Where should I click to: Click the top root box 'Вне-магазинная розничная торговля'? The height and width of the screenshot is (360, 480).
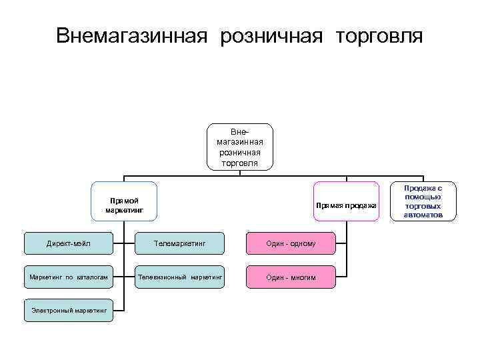[240, 147]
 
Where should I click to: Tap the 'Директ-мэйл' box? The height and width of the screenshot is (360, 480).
[69, 243]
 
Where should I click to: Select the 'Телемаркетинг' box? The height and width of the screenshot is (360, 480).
[180, 243]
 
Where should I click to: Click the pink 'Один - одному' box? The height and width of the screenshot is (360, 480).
[291, 243]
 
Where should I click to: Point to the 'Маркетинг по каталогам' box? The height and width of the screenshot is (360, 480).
[69, 277]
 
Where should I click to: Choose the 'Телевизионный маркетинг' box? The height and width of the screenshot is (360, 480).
[180, 277]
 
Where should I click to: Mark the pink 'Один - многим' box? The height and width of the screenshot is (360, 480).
[291, 277]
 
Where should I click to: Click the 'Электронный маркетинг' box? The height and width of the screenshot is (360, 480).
[69, 310]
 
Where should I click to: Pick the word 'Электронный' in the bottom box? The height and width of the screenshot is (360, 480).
[51, 310]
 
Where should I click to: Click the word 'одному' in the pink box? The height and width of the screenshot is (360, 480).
[303, 243]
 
